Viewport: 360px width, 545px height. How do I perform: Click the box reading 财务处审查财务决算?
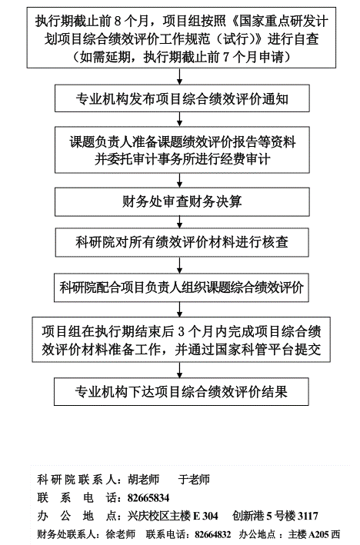[x=182, y=202]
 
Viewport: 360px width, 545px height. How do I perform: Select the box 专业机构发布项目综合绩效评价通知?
[x=182, y=98]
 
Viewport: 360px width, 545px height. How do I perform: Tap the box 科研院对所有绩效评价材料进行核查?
[x=182, y=242]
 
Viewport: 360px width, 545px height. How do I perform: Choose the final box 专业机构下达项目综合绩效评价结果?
[x=182, y=391]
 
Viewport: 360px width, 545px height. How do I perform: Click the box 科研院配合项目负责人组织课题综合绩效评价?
[x=182, y=287]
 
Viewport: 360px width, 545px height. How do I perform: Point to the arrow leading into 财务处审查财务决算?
[x=179, y=180]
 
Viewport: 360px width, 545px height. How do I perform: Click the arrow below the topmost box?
[x=179, y=76]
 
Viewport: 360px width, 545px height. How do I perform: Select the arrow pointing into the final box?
[x=179, y=370]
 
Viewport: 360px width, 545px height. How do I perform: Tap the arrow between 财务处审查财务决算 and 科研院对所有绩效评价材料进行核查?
[x=179, y=222]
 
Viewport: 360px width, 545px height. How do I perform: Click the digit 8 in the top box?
[x=117, y=22]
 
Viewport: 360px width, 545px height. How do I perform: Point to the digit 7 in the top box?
[x=225, y=57]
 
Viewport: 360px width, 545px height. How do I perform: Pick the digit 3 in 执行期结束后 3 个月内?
[x=181, y=331]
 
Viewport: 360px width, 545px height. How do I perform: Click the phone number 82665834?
[x=148, y=498]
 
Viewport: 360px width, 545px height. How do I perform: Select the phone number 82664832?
[x=212, y=534]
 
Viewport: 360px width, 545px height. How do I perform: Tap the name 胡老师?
[x=143, y=480]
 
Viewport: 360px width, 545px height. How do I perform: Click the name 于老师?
[x=194, y=480]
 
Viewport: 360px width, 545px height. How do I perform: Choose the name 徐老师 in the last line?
[x=120, y=534]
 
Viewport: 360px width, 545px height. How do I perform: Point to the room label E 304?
[x=205, y=516]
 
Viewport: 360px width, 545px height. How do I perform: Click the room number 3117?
[x=308, y=516]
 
